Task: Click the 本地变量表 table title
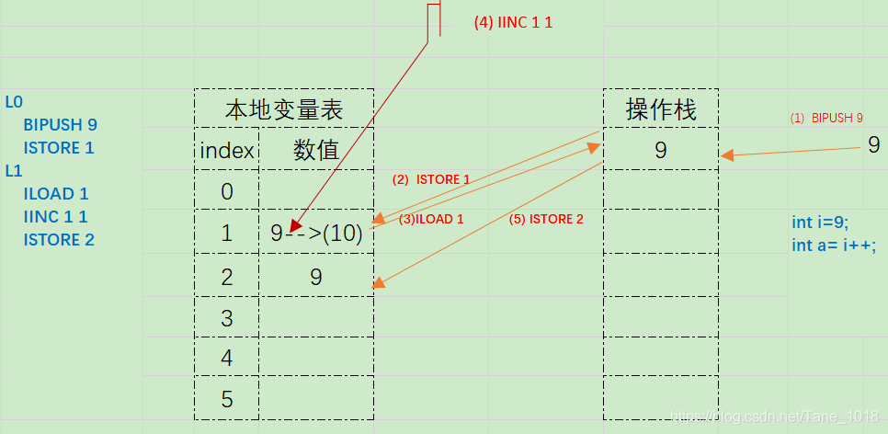[x=284, y=110]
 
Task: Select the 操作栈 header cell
[x=661, y=108]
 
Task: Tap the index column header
[x=227, y=150]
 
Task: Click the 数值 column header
[x=316, y=150]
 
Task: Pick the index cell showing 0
[x=226, y=191]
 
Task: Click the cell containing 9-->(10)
[x=316, y=233]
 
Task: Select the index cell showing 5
[x=226, y=399]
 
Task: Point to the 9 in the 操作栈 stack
[x=661, y=150]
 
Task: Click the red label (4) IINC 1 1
[x=513, y=23]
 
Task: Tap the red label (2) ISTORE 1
[x=431, y=179]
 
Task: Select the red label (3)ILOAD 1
[x=431, y=219]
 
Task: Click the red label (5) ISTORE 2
[x=546, y=219]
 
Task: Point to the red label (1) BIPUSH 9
[x=826, y=119]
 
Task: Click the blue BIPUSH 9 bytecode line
[x=61, y=125]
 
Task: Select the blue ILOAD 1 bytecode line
[x=56, y=194]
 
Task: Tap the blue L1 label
[x=14, y=170]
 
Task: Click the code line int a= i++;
[x=834, y=246]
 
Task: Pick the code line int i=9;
[x=820, y=223]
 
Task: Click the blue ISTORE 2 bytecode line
[x=59, y=240]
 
